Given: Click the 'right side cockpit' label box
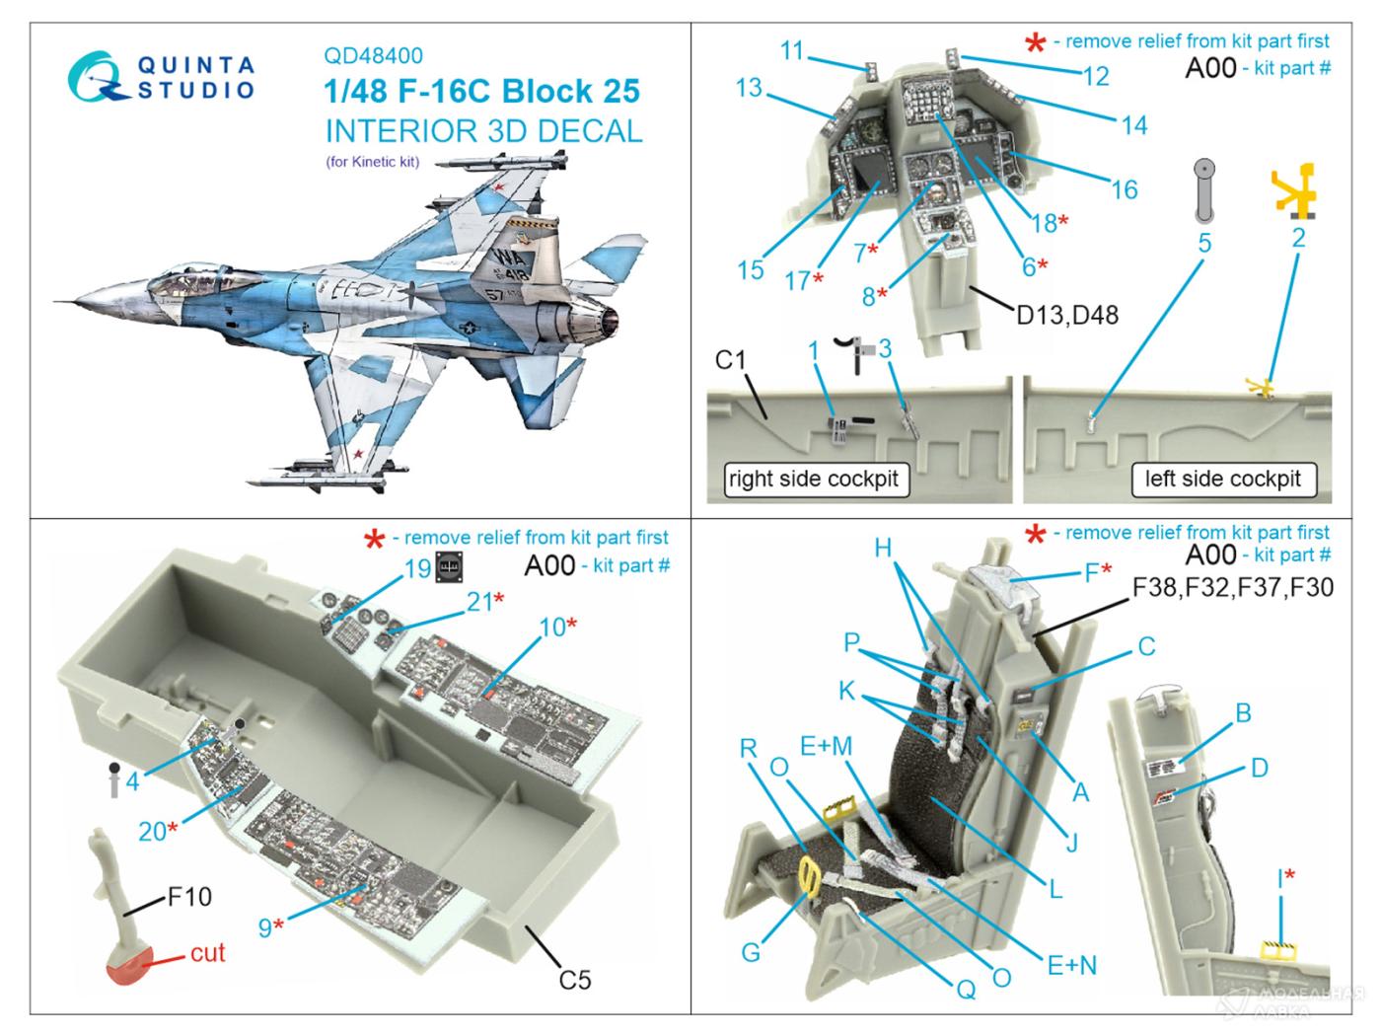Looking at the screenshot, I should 813,480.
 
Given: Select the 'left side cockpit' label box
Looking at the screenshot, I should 1223,480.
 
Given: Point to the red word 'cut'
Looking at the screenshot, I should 208,952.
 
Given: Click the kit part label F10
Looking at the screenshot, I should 188,897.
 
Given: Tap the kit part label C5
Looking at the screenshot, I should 574,980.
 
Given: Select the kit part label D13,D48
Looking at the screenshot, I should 1066,316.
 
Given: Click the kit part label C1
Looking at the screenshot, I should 731,360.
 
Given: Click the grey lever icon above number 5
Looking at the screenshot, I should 1204,191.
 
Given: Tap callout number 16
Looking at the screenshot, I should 1125,189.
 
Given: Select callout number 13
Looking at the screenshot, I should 749,88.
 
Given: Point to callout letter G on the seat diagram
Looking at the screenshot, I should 751,952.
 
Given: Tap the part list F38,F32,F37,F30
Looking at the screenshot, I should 1231,588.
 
